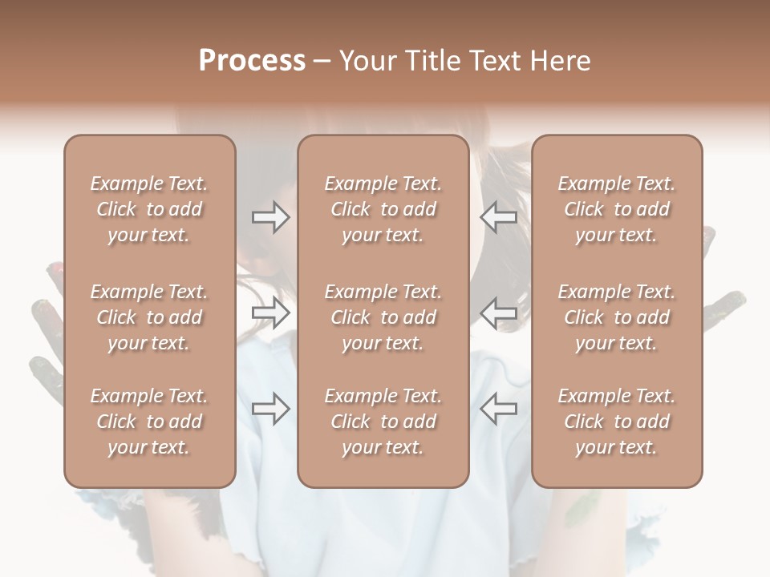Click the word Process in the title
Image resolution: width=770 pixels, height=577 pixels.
tap(252, 61)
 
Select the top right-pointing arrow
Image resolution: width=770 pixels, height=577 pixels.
tap(270, 216)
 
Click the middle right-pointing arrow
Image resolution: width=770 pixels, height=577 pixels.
tap(270, 313)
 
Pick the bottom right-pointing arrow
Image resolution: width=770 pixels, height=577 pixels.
tap(270, 408)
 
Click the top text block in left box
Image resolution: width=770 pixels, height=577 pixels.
tap(149, 209)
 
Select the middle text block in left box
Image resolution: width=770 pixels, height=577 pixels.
tap(149, 317)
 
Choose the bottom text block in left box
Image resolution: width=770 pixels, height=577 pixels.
tap(149, 422)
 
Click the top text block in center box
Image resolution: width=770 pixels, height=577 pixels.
tap(383, 209)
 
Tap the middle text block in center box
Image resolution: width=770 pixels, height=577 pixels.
tap(383, 317)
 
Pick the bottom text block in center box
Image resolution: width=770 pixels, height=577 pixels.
tap(383, 422)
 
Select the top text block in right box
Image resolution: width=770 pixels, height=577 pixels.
tap(616, 209)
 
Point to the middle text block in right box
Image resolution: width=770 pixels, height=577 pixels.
tap(616, 317)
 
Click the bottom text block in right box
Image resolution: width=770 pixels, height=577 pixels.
tap(616, 422)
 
